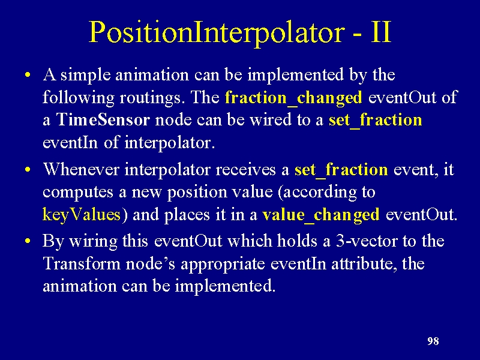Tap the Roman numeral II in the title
coord(382,32)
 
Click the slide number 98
coord(433,341)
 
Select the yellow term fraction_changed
coord(293,98)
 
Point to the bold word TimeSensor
coord(103,119)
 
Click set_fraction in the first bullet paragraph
coord(376,120)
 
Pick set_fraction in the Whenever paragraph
coord(341,170)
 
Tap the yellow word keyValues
coord(82,215)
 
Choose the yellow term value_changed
coord(321,215)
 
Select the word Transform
coord(82,263)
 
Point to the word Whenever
coord(81,169)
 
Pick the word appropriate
coord(223,264)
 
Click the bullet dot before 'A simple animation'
coord(28,75)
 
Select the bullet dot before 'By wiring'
coord(28,241)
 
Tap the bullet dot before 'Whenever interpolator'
coord(28,170)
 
